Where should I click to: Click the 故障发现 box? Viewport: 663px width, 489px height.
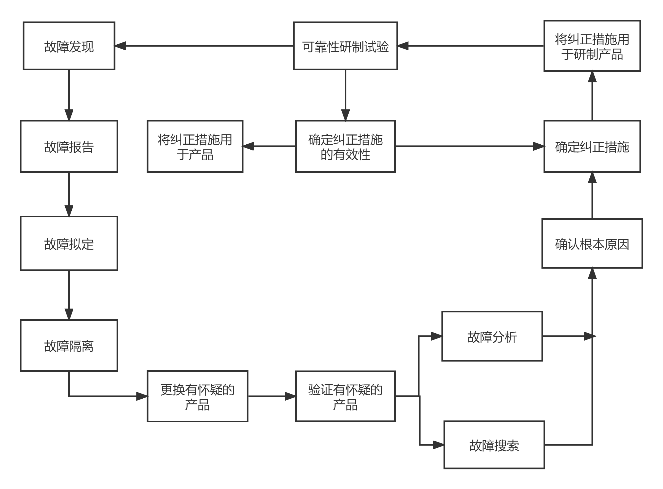point(69,46)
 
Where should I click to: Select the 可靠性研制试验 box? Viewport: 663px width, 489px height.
point(345,46)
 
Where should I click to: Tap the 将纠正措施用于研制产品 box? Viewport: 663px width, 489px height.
point(592,46)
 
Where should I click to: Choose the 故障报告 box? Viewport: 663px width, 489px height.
point(69,146)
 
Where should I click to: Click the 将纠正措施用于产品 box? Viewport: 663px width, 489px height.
point(195,146)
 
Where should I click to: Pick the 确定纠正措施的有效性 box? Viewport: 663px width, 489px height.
point(345,146)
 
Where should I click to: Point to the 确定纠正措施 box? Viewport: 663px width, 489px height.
point(592,146)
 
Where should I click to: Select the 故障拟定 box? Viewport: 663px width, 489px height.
point(69,243)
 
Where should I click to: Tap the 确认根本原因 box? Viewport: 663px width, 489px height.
point(592,244)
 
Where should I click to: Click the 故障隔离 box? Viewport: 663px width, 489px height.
point(69,345)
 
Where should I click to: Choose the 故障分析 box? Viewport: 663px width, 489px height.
point(492,336)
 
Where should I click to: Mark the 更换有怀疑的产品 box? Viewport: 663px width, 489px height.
point(198,396)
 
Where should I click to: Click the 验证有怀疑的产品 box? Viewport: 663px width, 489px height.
point(345,396)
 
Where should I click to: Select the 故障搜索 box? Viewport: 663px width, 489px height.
point(494,445)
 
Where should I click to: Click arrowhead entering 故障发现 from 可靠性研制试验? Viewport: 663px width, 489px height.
point(120,46)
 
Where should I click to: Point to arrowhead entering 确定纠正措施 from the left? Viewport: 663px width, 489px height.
point(538,146)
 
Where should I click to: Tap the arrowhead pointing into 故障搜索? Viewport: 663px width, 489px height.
point(438,445)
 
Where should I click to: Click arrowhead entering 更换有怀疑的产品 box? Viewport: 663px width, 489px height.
point(142,396)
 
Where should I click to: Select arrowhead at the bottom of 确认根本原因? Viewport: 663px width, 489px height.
point(592,274)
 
